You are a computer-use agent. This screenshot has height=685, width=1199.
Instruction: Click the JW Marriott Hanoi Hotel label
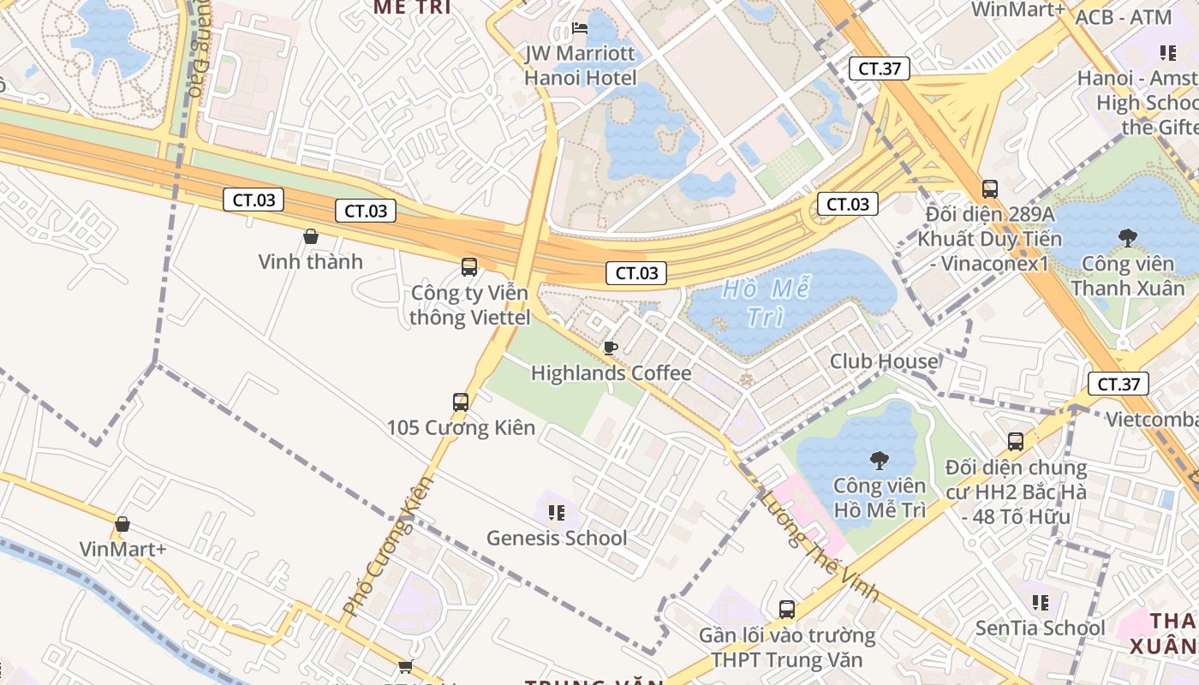580,65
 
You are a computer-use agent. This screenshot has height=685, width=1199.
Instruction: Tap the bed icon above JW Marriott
580,28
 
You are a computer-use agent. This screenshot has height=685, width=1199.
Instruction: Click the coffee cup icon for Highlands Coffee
610,348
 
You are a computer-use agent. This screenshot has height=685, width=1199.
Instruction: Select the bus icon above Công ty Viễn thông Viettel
468,266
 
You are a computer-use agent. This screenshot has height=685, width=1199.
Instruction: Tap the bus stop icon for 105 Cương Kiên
460,402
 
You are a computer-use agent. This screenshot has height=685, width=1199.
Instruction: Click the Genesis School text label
557,538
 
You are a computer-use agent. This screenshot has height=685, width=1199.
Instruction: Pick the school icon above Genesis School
556,513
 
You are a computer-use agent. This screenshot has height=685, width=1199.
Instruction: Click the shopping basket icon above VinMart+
122,524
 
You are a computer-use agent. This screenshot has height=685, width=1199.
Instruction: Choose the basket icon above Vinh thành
311,236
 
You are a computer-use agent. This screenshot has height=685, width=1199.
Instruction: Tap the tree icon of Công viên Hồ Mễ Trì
879,461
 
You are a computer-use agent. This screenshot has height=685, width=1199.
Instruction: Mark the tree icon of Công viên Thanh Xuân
1127,238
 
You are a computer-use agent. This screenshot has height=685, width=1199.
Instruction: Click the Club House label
884,361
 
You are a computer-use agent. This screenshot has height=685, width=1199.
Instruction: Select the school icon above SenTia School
1041,603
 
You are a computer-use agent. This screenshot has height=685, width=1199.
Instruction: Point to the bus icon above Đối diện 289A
989,188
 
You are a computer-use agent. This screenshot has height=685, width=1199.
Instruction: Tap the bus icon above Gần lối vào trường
786,610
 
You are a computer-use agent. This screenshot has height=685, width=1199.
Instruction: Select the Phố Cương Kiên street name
388,547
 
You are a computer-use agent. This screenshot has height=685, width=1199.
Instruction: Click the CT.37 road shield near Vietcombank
1118,384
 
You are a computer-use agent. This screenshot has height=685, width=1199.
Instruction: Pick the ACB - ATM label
1122,17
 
